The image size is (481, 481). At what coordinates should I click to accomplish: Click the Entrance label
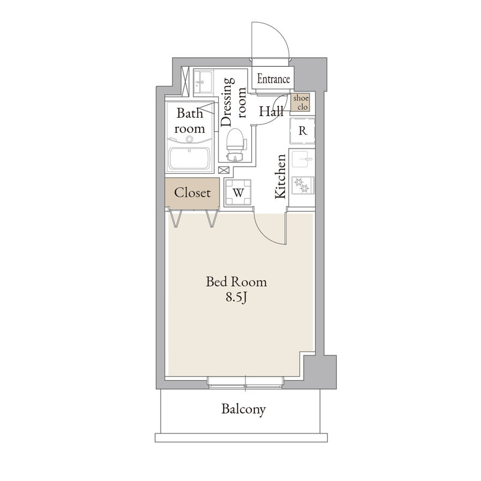point(274,79)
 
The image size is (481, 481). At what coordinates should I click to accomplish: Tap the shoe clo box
point(301,102)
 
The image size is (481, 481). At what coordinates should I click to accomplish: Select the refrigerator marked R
point(302,130)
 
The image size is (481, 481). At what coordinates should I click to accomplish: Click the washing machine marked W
point(238,192)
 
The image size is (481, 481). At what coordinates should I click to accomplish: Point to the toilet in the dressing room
point(236,145)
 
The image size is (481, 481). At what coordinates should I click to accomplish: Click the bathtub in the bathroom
point(189,158)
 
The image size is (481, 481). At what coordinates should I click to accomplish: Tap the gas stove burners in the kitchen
point(303,185)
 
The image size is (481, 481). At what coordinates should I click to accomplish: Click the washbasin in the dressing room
point(203,82)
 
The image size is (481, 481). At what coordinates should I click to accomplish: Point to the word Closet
point(192,192)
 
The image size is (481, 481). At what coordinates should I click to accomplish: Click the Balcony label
point(244,409)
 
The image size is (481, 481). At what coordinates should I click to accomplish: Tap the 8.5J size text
point(236,297)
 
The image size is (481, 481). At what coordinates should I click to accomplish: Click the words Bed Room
point(236,281)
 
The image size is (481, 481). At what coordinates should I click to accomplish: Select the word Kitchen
point(280,176)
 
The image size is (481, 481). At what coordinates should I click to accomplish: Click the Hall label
point(271,111)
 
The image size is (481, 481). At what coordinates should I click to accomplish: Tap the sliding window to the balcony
point(245,382)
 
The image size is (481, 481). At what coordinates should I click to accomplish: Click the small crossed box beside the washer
point(224,170)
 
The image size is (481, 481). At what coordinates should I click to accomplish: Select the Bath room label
point(190,121)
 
